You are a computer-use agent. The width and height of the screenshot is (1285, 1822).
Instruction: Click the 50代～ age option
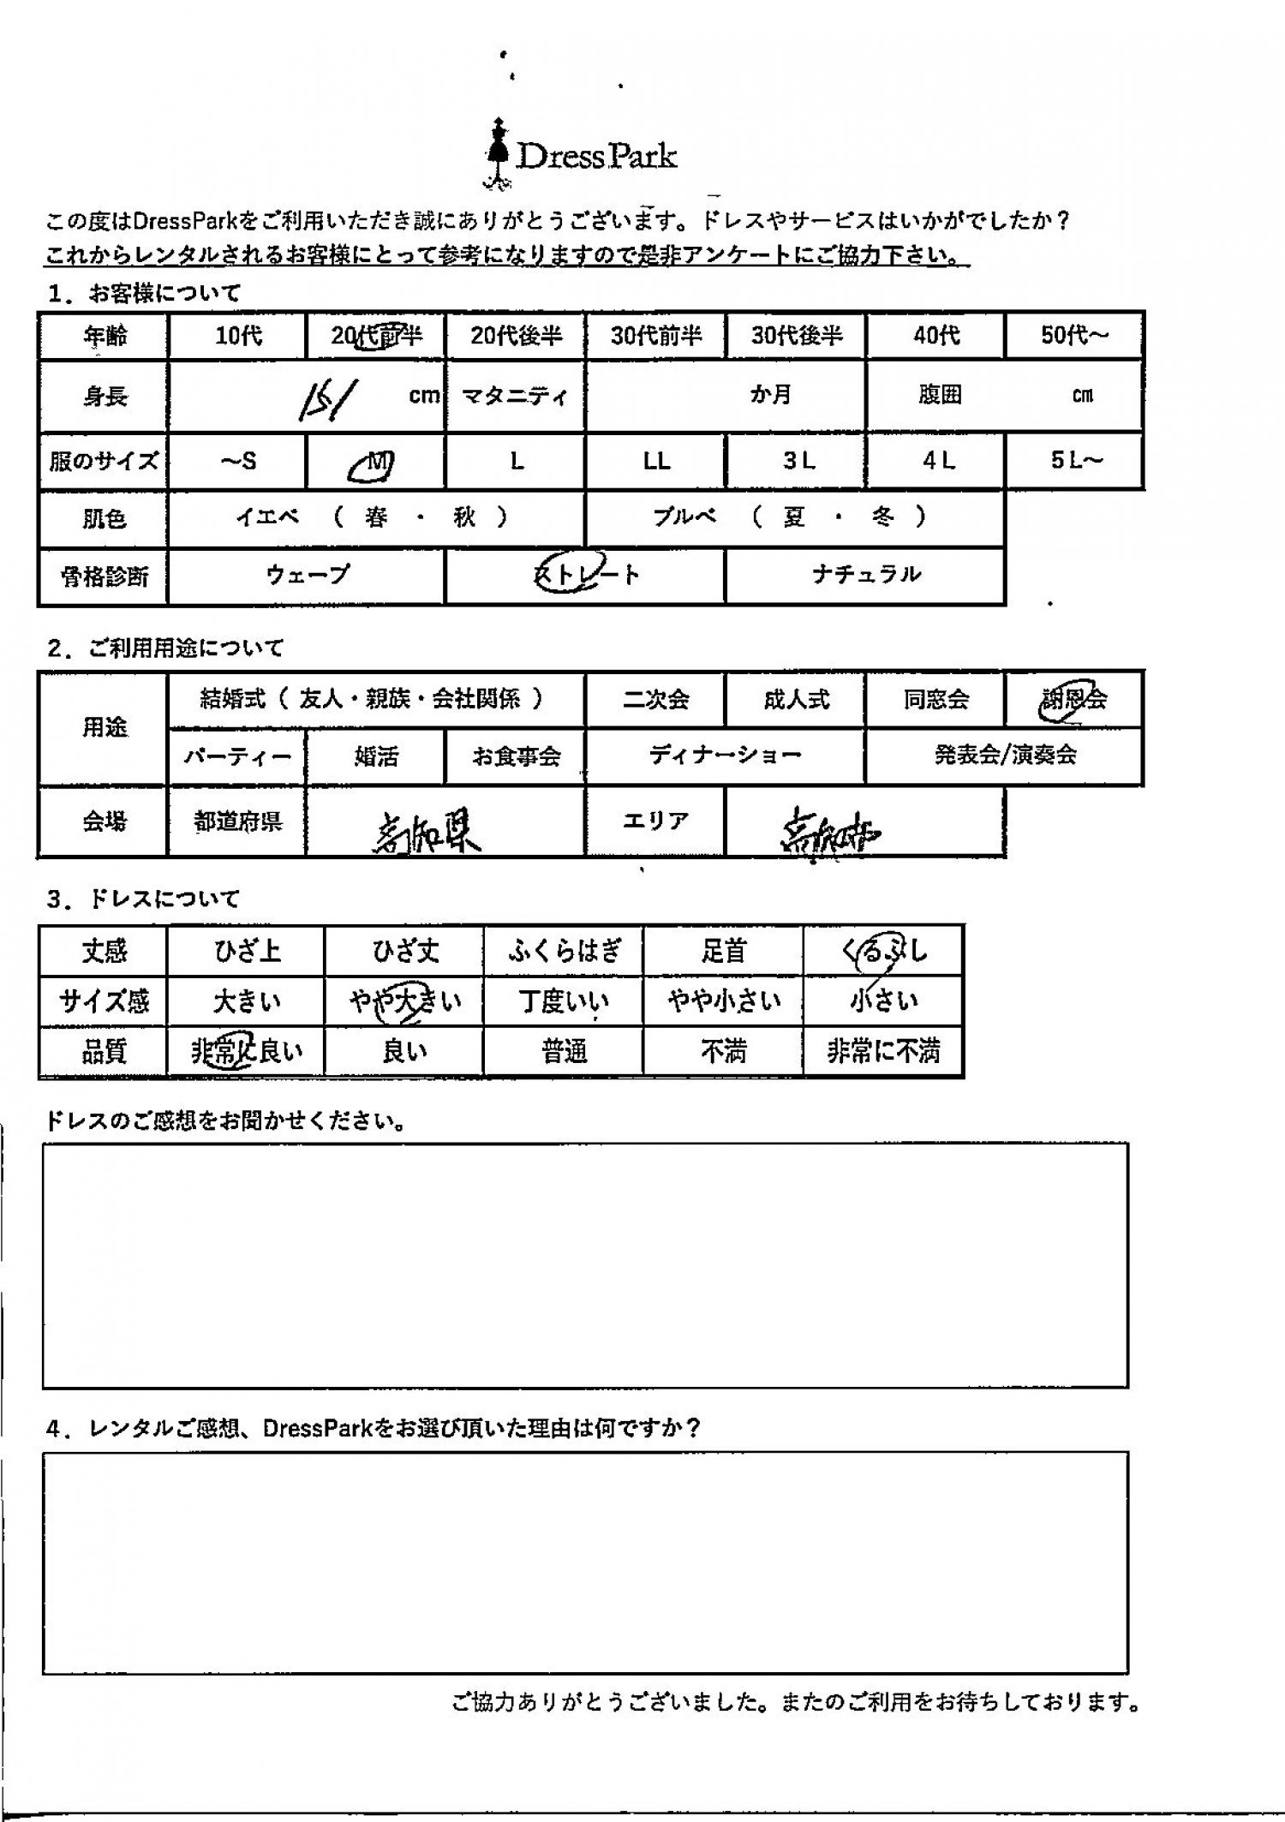point(1074,335)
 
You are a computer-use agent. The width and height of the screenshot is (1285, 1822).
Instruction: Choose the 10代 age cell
point(238,336)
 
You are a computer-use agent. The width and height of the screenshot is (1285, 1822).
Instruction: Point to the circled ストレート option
point(585,575)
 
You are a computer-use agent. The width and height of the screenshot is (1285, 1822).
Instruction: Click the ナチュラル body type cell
point(865,575)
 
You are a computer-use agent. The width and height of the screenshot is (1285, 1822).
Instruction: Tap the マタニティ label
point(515,396)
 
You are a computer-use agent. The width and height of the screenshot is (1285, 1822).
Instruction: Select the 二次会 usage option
point(655,700)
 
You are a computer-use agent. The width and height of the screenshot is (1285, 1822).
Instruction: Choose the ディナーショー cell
point(725,756)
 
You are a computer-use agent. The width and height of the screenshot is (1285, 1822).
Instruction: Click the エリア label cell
point(654,821)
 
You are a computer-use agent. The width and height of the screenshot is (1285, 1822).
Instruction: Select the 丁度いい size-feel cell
point(564,1001)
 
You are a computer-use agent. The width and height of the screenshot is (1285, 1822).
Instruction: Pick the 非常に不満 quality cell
point(883,1051)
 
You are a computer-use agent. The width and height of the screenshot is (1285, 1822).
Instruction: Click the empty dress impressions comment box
point(585,1264)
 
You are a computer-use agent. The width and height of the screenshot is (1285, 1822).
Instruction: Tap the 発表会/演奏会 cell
point(1005,756)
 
